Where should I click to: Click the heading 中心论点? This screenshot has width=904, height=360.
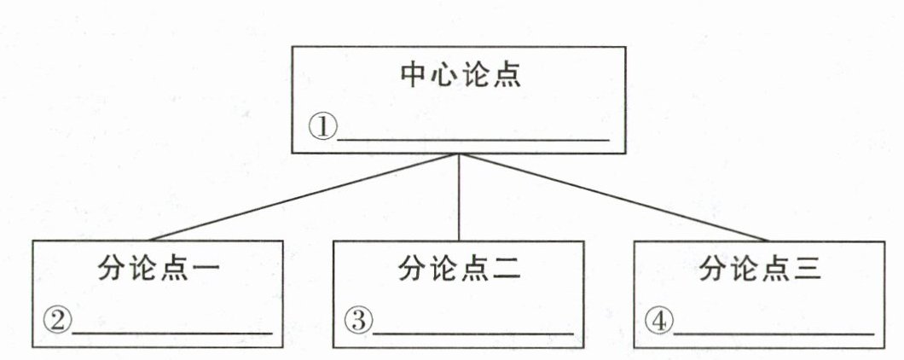coord(461,75)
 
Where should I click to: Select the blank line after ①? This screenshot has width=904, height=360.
coord(473,136)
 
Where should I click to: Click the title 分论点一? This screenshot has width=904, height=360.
coord(159,270)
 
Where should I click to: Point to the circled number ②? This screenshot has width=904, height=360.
coord(56,321)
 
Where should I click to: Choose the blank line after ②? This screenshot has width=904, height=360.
coord(171,331)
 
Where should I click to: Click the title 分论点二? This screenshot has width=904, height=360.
coord(459,270)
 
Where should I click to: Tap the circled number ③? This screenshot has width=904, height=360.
coord(358,321)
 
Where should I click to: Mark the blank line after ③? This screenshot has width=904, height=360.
coord(472,331)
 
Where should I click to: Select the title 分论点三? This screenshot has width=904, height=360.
coord(760,270)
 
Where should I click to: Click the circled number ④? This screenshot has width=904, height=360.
coord(659,321)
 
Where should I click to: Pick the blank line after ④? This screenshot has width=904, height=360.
coord(774,331)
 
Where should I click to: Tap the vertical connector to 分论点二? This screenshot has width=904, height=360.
coord(461,197)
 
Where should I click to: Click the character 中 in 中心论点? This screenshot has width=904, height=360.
coord(415,75)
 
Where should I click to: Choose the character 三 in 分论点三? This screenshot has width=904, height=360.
coord(807,270)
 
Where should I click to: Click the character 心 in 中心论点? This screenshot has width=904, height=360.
coord(445,75)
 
